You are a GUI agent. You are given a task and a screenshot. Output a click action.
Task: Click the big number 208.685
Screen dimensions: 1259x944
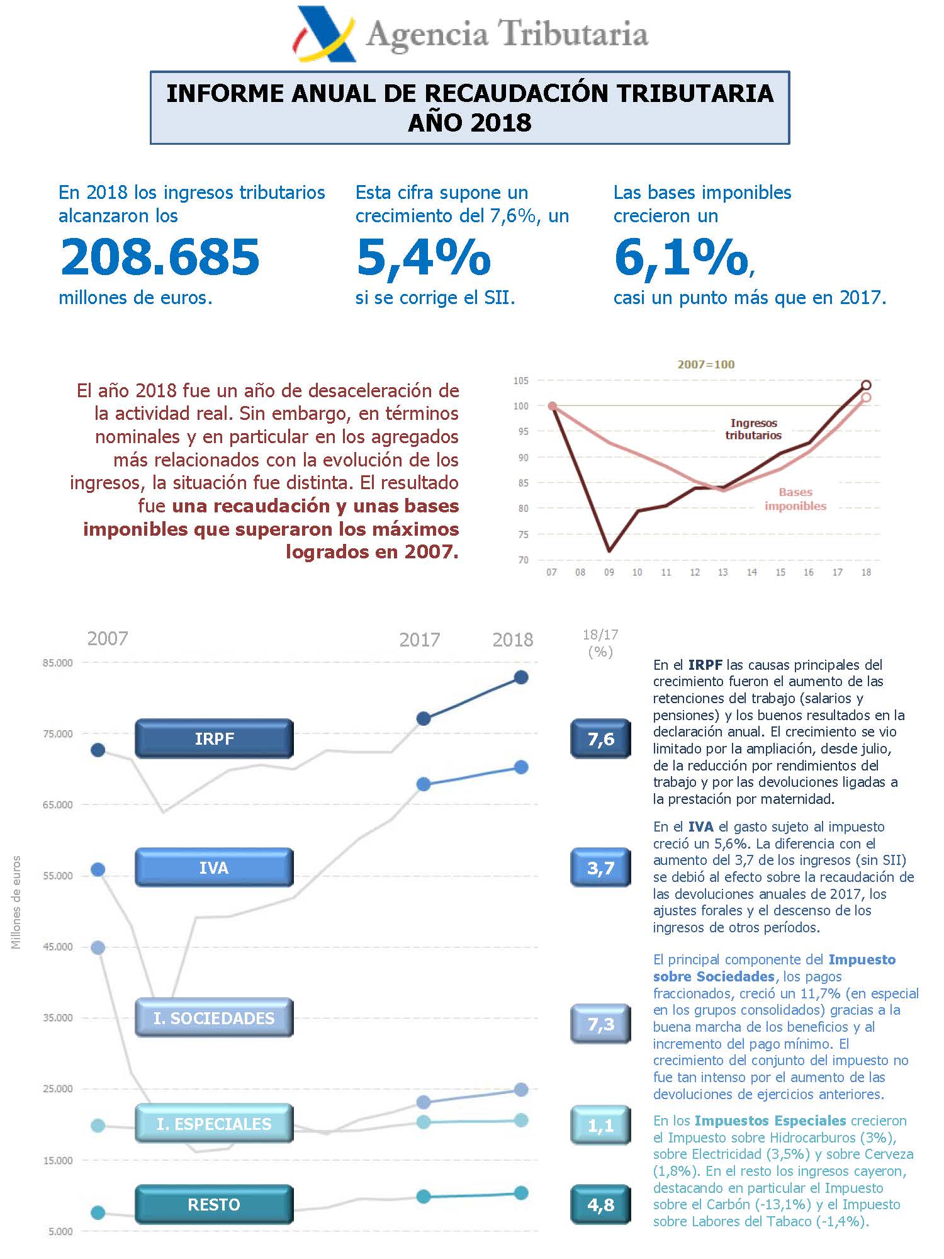pos(160,257)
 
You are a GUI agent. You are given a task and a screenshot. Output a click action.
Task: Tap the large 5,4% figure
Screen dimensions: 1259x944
pos(424,257)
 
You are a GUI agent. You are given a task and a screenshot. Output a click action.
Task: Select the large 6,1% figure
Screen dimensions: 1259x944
pos(682,257)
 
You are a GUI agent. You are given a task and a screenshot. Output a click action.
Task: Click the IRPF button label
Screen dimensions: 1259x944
pos(214,738)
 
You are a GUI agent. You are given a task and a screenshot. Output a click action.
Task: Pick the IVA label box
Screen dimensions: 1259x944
pos(214,867)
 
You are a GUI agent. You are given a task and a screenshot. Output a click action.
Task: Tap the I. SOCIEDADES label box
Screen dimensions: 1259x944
pos(214,1018)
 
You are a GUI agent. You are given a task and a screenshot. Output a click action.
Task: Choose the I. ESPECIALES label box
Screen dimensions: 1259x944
pos(214,1124)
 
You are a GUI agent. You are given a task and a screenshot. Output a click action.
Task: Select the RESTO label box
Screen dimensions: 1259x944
pos(214,1204)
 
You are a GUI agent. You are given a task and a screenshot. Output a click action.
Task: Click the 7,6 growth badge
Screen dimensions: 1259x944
pos(600,738)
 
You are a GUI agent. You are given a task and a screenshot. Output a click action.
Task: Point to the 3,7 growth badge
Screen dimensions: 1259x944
pos(600,867)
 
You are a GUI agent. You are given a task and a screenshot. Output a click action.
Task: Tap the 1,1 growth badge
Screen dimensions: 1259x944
pos(600,1125)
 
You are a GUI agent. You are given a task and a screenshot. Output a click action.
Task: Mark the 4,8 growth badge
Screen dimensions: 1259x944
pos(600,1204)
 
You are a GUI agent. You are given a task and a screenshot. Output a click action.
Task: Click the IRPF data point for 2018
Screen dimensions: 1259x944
pos(521,677)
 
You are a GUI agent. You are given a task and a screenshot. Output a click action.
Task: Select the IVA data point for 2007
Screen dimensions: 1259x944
pos(98,869)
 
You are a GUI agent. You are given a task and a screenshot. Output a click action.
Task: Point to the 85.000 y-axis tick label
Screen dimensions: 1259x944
pos(58,662)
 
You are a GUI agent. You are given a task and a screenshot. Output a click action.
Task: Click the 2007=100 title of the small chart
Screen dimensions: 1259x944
pos(705,364)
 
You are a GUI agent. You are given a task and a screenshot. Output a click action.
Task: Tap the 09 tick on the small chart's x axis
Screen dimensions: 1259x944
pos(609,572)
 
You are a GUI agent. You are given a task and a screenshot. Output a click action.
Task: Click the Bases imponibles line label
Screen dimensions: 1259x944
pos(795,499)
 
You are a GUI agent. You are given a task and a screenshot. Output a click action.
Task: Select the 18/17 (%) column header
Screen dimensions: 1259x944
pos(600,643)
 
